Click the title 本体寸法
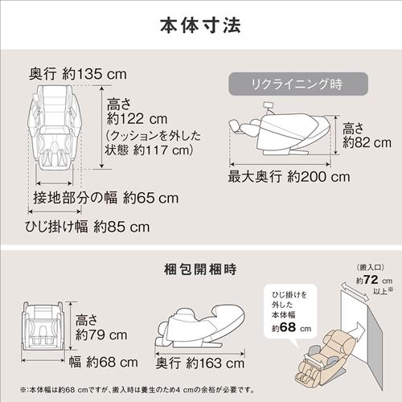tap(201, 23)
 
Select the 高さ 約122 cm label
tap(135, 113)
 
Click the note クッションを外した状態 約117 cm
tap(152, 142)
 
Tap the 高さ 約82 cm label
tap(360, 135)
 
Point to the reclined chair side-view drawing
tap(282, 133)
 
